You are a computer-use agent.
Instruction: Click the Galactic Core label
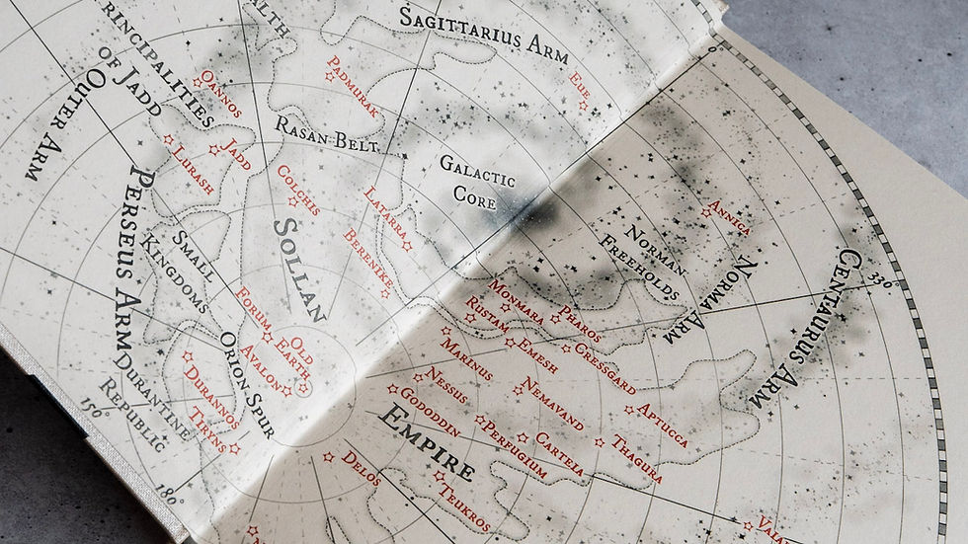pyautogui.click(x=477, y=178)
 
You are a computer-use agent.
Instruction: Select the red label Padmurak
pyautogui.click(x=353, y=87)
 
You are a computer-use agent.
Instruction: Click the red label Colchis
pyautogui.click(x=298, y=189)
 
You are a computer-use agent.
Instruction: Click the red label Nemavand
pyautogui.click(x=546, y=404)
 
